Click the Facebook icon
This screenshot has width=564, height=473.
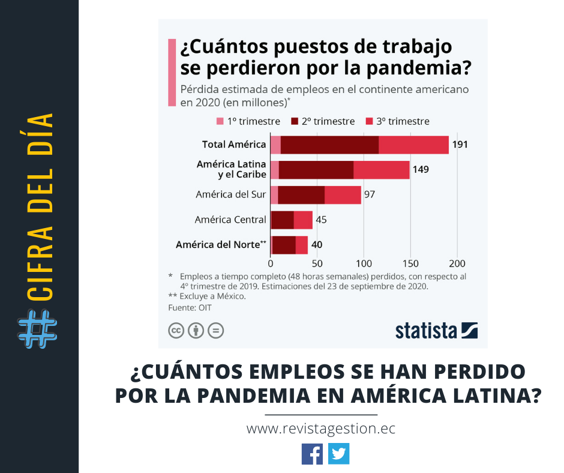[312, 453]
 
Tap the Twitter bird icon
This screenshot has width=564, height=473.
[339, 453]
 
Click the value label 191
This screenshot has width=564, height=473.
[460, 145]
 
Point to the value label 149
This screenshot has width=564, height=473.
[421, 170]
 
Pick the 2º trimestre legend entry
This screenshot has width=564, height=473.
[323, 121]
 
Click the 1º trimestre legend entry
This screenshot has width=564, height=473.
[248, 121]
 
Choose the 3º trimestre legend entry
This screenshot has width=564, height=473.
[398, 121]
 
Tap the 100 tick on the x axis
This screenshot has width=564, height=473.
[364, 263]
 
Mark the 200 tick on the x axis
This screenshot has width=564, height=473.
[457, 263]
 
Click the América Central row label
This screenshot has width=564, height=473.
[230, 220]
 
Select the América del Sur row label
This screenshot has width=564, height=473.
[231, 194]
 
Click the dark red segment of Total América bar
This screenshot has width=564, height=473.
[329, 145]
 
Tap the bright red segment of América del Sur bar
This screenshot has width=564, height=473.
[343, 194]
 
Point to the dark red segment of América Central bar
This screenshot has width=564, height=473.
[282, 220]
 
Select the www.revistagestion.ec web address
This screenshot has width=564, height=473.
[321, 429]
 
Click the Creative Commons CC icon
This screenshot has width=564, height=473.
[176, 330]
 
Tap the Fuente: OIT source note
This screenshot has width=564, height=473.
[190, 308]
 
